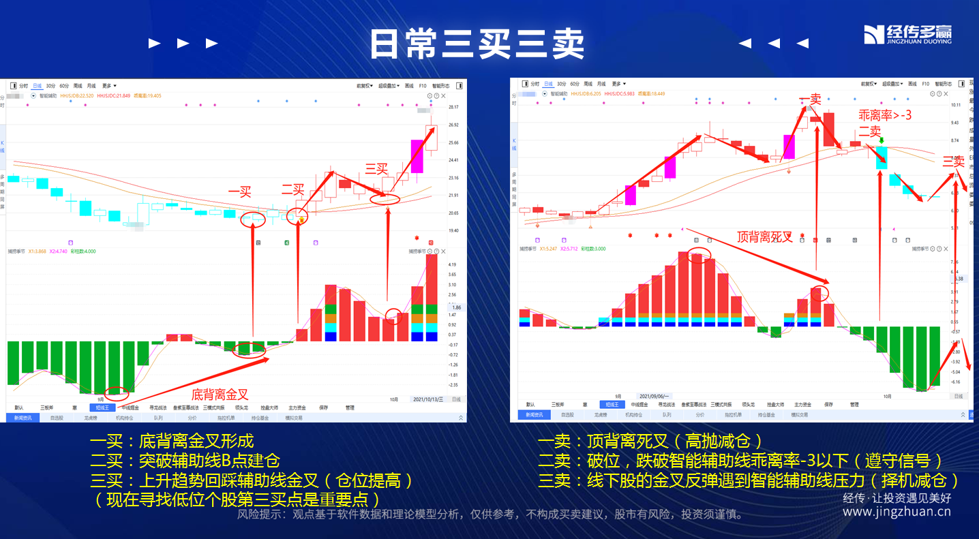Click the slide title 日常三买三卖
(477, 44)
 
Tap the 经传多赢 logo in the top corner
(907, 34)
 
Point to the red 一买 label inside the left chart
(239, 192)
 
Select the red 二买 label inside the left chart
(293, 190)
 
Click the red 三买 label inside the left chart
(376, 168)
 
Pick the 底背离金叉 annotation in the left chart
(220, 394)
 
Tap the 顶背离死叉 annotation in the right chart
(765, 236)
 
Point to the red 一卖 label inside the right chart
(811, 99)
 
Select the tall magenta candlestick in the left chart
(417, 157)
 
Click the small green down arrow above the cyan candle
(882, 141)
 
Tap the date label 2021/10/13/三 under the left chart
(427, 399)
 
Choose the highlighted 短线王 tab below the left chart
(103, 407)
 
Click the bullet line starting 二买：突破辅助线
(185, 461)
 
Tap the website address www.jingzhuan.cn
(897, 512)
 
